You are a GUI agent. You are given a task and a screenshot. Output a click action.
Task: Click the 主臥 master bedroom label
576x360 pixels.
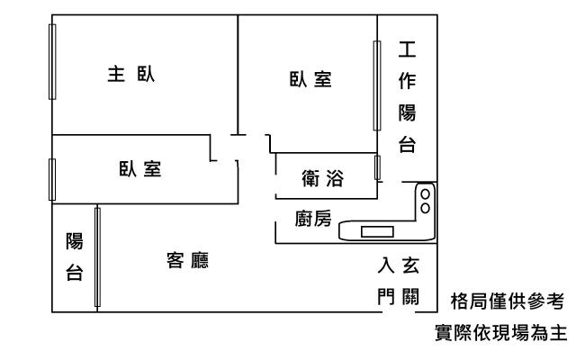coord(131,75)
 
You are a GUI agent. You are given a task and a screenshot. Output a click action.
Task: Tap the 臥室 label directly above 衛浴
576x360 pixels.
coord(310,80)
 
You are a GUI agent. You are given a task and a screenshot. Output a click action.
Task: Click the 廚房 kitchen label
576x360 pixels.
coord(313,219)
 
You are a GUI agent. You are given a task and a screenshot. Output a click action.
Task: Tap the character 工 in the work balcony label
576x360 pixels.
coord(407,49)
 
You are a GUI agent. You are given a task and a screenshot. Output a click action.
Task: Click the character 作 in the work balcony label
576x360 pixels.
coord(407,81)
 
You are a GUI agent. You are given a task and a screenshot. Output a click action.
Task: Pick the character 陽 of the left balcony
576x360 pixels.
coord(75,241)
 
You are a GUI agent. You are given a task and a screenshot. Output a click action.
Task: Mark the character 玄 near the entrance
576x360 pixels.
coord(409,265)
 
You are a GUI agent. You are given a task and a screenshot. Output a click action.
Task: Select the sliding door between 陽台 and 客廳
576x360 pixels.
coord(97,257)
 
